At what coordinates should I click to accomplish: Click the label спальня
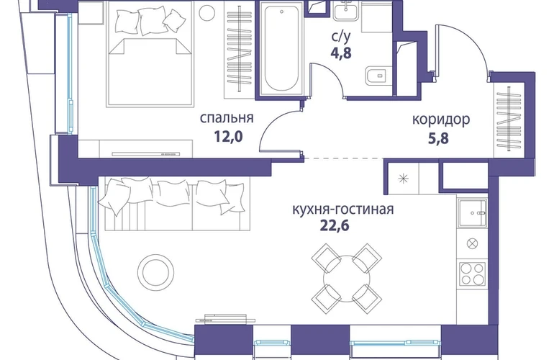click(x=227, y=119)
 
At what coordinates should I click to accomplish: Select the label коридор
click(x=441, y=119)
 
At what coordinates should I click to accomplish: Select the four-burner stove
click(x=472, y=274)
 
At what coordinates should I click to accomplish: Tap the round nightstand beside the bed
click(x=207, y=12)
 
